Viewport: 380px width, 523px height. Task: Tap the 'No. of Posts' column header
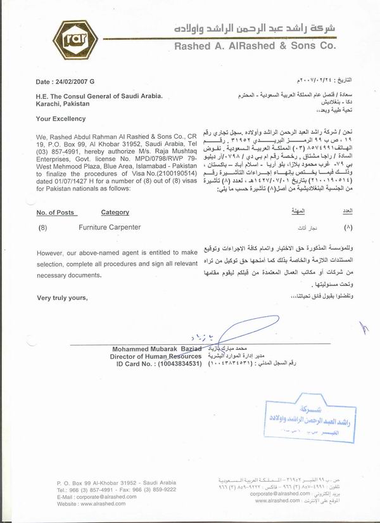[x=56, y=212]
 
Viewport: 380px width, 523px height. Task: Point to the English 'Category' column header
[x=115, y=212]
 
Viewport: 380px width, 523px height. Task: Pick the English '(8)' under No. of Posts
[x=44, y=226]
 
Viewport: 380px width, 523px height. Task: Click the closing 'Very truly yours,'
[x=62, y=298]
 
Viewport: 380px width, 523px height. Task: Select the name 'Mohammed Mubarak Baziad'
[x=157, y=349]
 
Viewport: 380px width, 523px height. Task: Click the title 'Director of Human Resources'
[x=156, y=357]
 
